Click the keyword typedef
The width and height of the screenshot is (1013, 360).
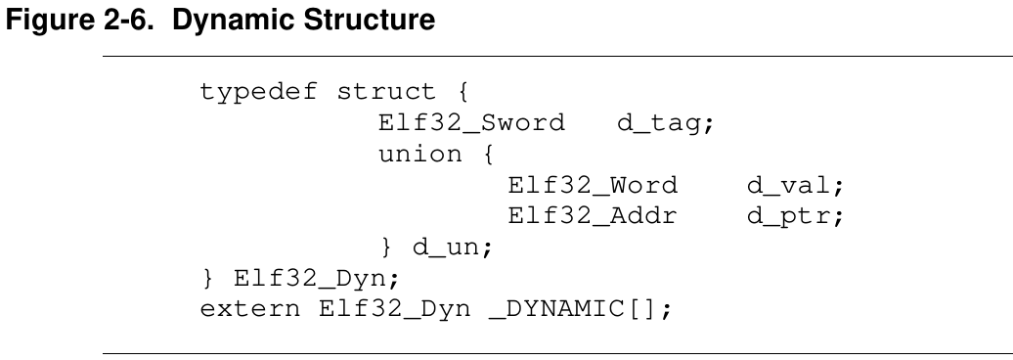pos(258,92)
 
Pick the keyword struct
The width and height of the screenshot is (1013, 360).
pos(386,92)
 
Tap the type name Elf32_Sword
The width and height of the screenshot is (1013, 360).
pos(471,123)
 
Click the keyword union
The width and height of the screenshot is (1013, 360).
pos(420,154)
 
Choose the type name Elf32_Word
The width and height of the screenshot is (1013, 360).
pos(594,186)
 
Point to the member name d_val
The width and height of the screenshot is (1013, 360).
pos(795,186)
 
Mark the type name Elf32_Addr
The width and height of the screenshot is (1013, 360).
pos(593,216)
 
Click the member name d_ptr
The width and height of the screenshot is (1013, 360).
pos(795,216)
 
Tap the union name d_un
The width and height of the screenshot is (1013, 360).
pos(452,247)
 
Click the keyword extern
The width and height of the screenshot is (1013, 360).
pos(250,309)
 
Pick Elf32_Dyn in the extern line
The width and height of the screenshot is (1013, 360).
pos(394,309)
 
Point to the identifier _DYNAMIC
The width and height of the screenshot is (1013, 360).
pos(557,309)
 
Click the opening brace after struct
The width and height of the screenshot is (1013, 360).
pos(462,92)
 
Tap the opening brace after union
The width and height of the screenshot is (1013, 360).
pos(488,154)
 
